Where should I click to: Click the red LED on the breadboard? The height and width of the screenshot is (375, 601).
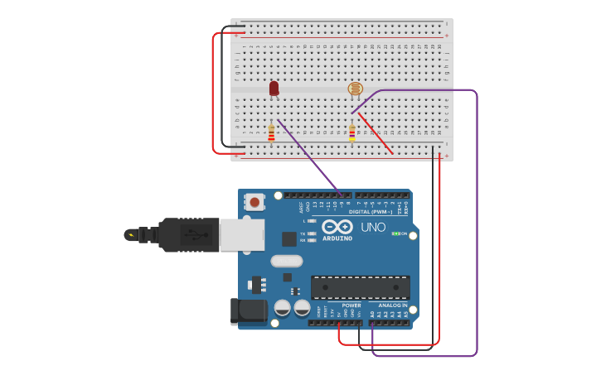point(274,88)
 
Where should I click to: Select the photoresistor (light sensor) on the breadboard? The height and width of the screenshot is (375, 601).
point(355,89)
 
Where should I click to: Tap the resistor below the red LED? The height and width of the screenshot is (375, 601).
point(271,132)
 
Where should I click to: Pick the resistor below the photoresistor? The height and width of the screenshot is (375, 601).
point(351,132)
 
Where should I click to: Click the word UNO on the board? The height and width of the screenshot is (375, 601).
point(372,226)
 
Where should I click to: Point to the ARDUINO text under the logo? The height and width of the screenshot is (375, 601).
point(337,238)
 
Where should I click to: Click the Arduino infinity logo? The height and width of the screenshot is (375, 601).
point(337,226)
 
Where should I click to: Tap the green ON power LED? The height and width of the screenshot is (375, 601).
point(395,233)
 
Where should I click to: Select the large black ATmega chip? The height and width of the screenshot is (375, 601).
point(360,286)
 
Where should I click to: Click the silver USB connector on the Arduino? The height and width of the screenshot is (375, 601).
point(242,234)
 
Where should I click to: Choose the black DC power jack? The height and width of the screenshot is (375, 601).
point(248,311)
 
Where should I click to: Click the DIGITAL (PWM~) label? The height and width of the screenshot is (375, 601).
point(371,212)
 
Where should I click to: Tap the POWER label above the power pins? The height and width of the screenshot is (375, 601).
point(351,305)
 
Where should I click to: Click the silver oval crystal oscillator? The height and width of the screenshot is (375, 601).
point(286,262)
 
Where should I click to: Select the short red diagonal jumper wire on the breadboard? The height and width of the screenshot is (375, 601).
point(376,134)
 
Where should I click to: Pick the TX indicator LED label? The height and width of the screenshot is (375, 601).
point(303,233)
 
